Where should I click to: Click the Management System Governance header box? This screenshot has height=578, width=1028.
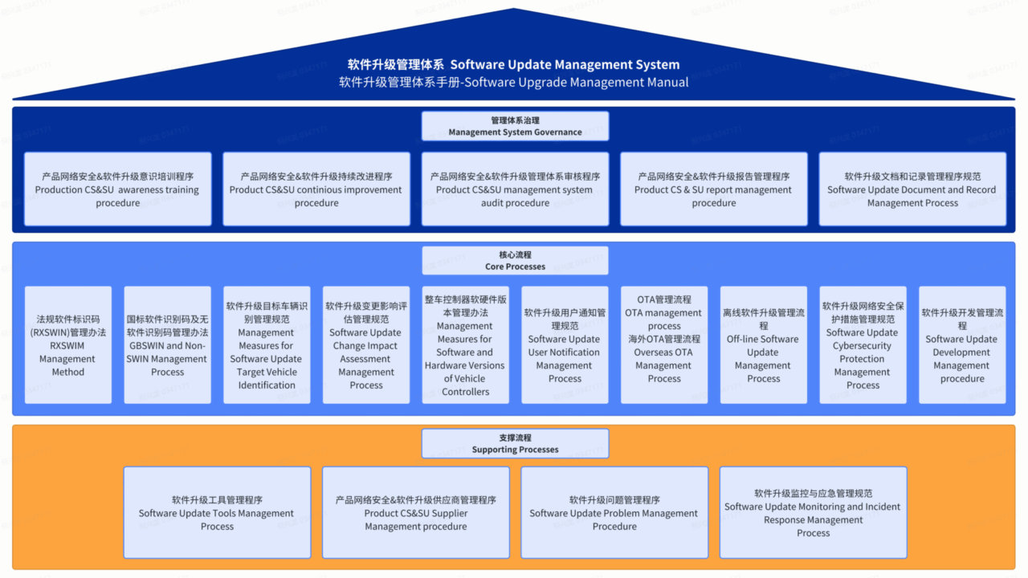[515, 126]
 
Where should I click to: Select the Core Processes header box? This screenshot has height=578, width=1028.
[515, 260]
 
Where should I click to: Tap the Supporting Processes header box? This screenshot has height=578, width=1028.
[515, 443]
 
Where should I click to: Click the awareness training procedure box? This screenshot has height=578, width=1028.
[118, 189]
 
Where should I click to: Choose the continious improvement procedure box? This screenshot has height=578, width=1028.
[316, 189]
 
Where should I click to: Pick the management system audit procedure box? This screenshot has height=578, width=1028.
[515, 189]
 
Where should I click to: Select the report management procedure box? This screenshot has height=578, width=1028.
[713, 189]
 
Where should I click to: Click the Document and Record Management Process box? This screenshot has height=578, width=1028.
[912, 189]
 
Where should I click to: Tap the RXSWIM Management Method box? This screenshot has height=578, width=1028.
[68, 345]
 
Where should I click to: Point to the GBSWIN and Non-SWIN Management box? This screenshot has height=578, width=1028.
[167, 345]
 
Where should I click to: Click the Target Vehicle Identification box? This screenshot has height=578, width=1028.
[267, 345]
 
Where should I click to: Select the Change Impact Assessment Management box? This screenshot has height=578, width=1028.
[366, 345]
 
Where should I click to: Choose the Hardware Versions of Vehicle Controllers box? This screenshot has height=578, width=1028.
[466, 345]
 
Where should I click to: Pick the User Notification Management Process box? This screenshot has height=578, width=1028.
[565, 345]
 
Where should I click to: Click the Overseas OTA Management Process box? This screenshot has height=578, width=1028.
[664, 345]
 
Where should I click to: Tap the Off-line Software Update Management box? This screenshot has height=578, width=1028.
[764, 345]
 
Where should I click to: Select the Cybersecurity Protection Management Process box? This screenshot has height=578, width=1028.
[863, 345]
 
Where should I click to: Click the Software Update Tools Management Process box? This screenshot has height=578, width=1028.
[217, 513]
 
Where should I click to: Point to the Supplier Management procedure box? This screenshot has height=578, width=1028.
[416, 513]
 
